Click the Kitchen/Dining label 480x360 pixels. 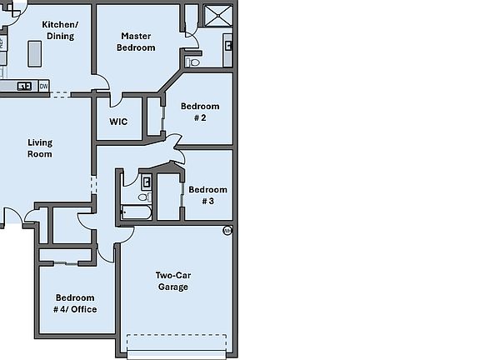(x=58, y=30)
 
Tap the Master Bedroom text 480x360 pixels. (x=136, y=42)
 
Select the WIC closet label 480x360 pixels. (x=118, y=122)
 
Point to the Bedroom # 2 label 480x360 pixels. (x=200, y=112)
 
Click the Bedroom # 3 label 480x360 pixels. (x=207, y=195)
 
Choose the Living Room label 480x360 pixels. (x=40, y=147)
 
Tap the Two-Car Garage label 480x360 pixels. (x=173, y=281)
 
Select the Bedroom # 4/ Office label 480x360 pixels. (x=76, y=303)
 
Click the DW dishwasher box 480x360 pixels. (x=43, y=85)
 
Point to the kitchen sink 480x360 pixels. (x=24, y=85)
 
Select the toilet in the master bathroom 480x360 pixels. (x=195, y=62)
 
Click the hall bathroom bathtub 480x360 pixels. (x=137, y=212)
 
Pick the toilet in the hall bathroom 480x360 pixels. (x=142, y=197)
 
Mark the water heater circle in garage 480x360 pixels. (x=227, y=230)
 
